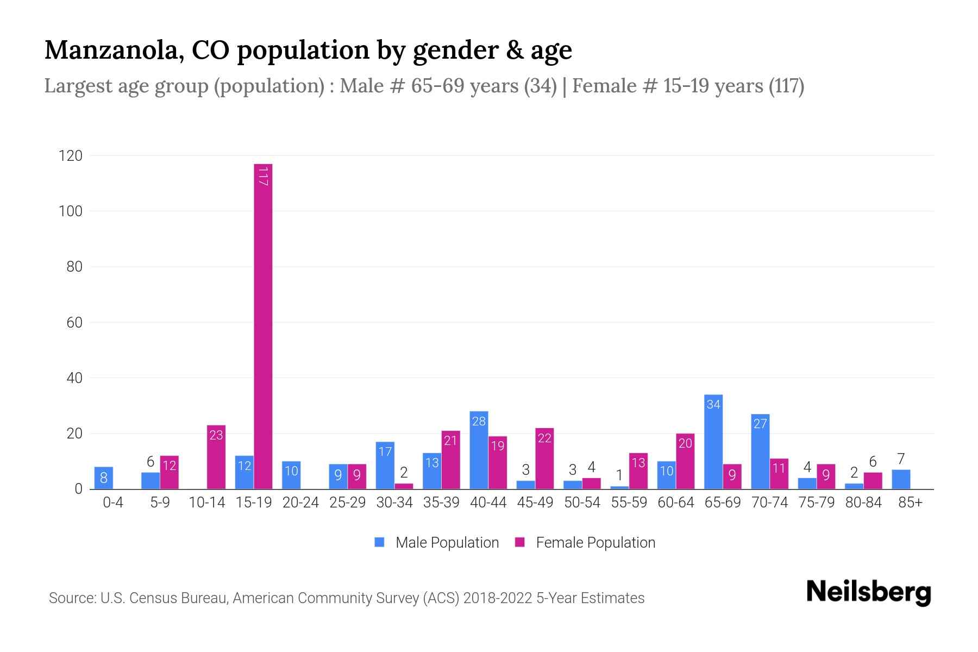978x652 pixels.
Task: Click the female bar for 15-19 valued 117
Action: tap(263, 326)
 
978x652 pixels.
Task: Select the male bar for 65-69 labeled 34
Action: tap(713, 442)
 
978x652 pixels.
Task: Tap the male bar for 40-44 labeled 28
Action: tap(478, 450)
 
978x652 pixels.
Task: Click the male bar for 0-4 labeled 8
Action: tap(103, 478)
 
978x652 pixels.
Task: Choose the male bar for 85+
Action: tap(900, 480)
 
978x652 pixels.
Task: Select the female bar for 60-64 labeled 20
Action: tap(685, 462)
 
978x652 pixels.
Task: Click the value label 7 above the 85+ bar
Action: tap(900, 459)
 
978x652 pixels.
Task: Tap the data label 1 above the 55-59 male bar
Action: tap(619, 475)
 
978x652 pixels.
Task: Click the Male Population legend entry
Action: tap(436, 542)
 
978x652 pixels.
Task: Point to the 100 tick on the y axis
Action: tap(71, 211)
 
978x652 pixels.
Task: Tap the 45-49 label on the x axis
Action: tap(535, 503)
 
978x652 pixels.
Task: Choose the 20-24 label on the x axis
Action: tap(300, 503)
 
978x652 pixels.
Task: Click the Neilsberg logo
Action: tap(868, 592)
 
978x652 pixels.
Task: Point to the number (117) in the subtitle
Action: tap(786, 86)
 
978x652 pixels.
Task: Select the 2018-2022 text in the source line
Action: tap(498, 598)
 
